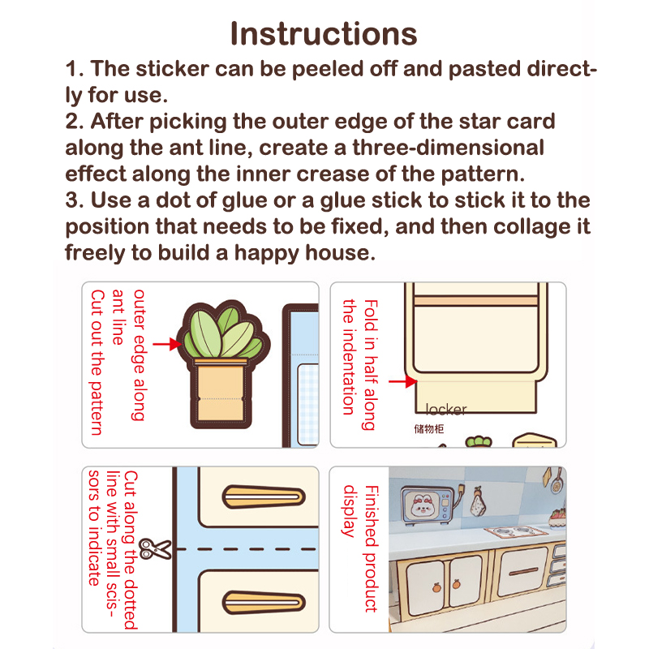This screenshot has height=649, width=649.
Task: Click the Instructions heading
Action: click(324, 33)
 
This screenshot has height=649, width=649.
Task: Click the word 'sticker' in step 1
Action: click(172, 68)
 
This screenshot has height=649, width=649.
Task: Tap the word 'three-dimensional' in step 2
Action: click(449, 148)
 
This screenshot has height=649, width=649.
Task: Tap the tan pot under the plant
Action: click(221, 390)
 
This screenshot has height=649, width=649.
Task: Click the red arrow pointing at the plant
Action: click(167, 344)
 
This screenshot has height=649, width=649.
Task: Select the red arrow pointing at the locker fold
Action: click(402, 381)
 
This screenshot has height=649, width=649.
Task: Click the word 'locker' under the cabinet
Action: click(446, 410)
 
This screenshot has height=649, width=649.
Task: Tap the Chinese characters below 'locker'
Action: click(429, 429)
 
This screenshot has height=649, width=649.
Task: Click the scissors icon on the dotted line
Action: click(155, 549)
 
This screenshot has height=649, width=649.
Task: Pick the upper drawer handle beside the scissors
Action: click(264, 496)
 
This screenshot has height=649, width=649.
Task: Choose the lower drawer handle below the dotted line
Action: click(264, 602)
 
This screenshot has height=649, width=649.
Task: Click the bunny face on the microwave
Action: click(422, 505)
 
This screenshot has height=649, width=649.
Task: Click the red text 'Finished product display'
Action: click(360, 548)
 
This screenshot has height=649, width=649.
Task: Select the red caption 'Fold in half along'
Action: click(371, 364)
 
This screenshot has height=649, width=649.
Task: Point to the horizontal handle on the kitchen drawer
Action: click(523, 572)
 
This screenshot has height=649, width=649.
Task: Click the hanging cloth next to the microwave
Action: click(478, 501)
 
